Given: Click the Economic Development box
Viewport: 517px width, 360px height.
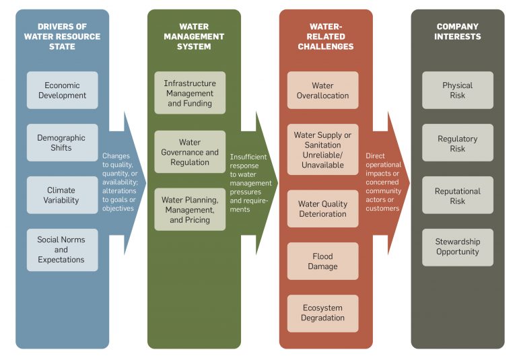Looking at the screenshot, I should (62, 90).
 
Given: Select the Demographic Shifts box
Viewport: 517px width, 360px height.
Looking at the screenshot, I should (62, 143).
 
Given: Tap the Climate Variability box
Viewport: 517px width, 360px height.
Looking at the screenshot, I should (62, 195).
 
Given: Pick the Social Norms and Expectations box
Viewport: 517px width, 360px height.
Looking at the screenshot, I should (62, 250).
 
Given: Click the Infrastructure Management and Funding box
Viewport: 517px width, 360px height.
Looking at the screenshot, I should (190, 94).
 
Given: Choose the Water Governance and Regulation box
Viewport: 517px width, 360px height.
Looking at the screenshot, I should (190, 152).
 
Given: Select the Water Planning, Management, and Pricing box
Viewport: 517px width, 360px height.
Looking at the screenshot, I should (190, 210).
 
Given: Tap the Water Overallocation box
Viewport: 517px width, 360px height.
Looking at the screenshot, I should (322, 90).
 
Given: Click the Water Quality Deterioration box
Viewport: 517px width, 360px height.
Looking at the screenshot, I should (322, 209).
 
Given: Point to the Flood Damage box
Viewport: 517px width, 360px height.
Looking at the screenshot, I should (322, 261).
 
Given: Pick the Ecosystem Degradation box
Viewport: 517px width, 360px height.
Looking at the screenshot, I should (322, 313).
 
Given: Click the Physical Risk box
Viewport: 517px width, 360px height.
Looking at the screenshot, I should (457, 90).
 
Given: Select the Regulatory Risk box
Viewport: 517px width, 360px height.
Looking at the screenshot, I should (457, 143).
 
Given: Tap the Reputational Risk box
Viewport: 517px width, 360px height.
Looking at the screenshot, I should (457, 195).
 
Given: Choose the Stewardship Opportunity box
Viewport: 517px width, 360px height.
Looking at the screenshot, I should (457, 247).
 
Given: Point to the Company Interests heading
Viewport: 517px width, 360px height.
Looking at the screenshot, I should (457, 32).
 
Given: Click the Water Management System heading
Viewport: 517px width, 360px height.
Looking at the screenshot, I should (193, 36).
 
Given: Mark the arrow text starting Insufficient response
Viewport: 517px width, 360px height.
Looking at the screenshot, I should (250, 183).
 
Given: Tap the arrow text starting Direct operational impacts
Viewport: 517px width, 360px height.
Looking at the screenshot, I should (384, 182).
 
